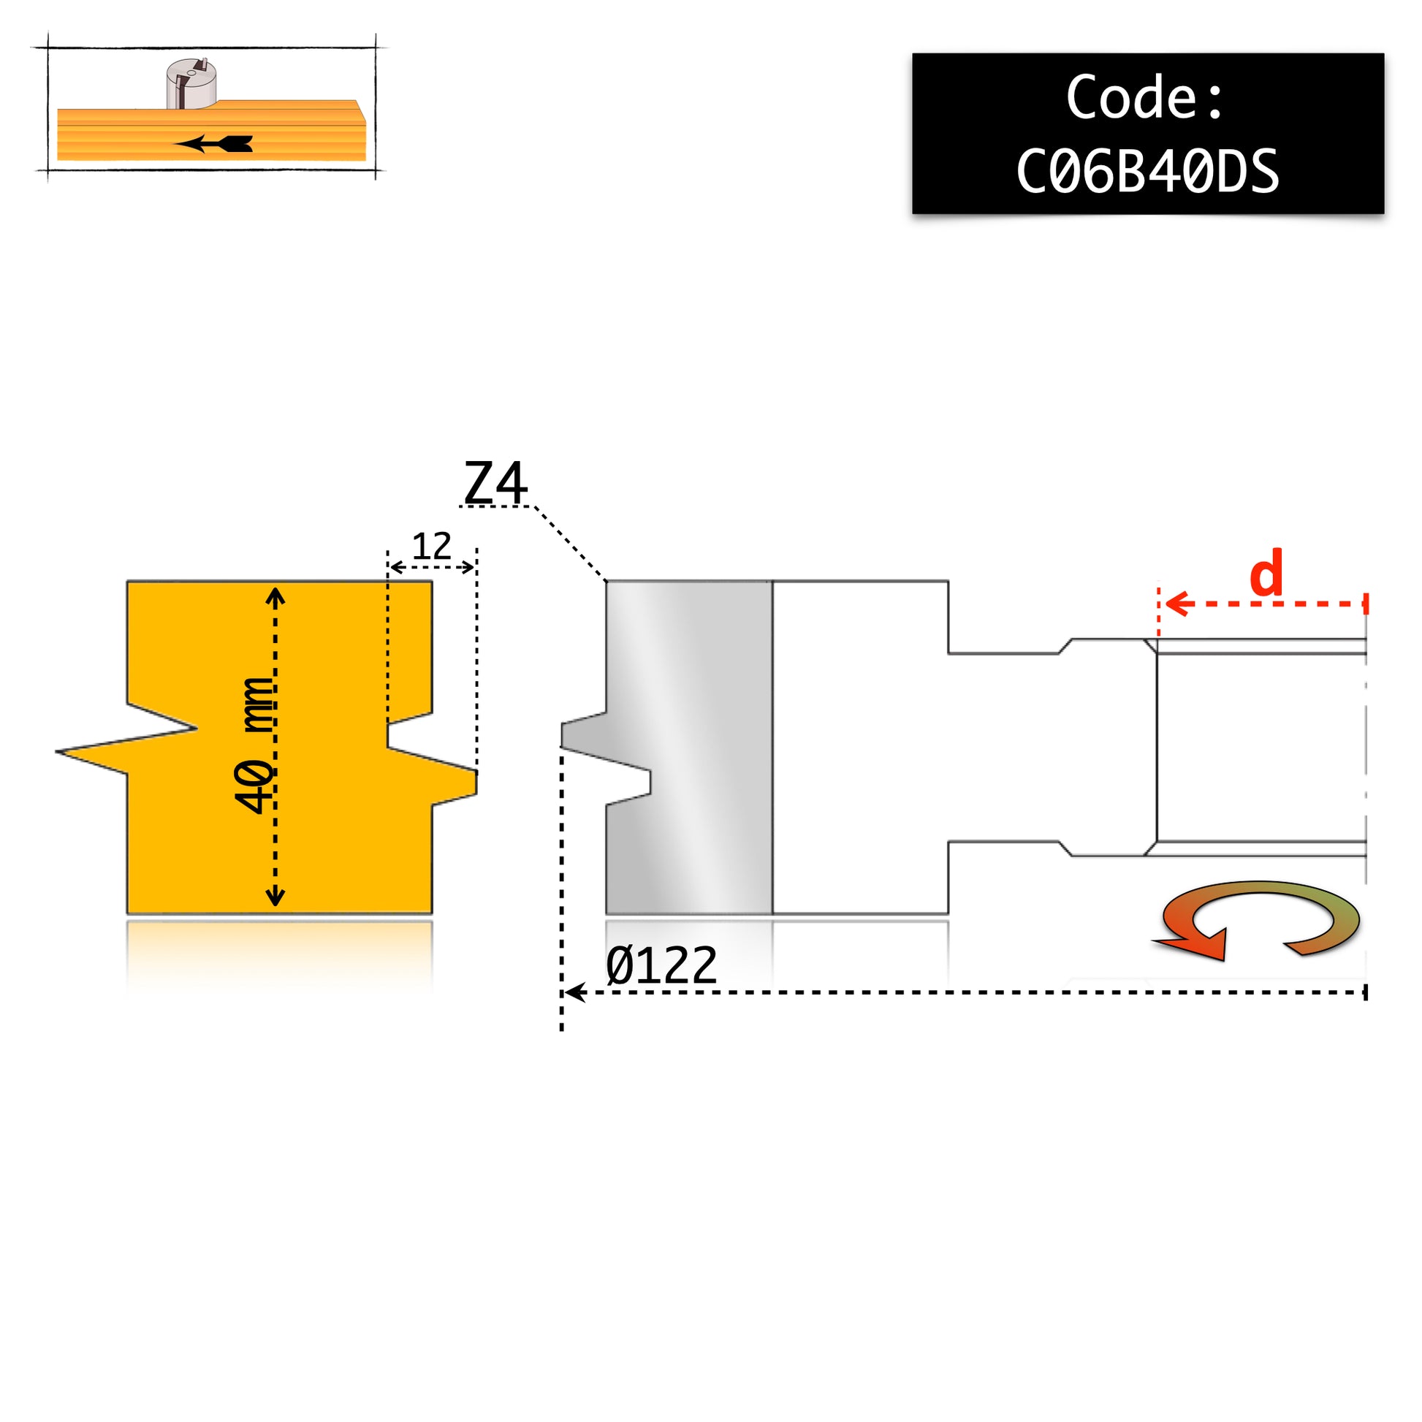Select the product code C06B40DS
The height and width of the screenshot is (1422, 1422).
1147,171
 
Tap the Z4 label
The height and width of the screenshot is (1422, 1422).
495,482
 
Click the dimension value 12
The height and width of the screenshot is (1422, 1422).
431,546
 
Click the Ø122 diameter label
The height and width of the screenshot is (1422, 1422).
662,966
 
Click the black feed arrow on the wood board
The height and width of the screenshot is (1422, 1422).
213,143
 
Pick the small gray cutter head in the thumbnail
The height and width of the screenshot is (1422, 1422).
191,83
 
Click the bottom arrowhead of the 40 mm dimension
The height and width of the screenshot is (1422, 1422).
275,896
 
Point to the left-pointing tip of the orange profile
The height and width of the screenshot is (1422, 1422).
58,751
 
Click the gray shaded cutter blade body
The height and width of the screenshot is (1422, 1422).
689,747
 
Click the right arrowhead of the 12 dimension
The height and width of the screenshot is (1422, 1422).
468,567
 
